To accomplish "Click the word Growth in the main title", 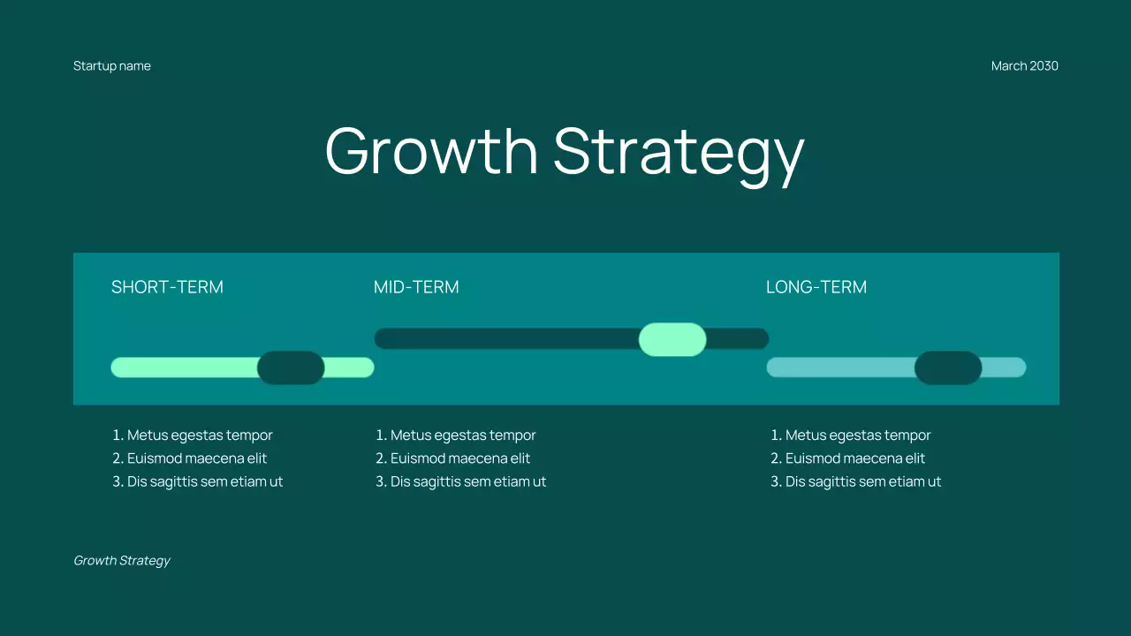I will [x=431, y=151].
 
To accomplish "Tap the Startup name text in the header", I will [x=112, y=66].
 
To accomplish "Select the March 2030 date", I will [x=1024, y=66].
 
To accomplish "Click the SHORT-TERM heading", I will [x=167, y=287].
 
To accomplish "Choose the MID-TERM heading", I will [x=416, y=287].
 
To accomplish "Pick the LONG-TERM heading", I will [x=816, y=287].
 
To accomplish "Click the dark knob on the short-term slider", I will [x=291, y=367].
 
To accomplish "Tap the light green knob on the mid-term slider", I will [x=672, y=339].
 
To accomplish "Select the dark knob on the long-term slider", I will [x=948, y=367].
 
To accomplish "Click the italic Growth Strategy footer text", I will [x=122, y=561].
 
